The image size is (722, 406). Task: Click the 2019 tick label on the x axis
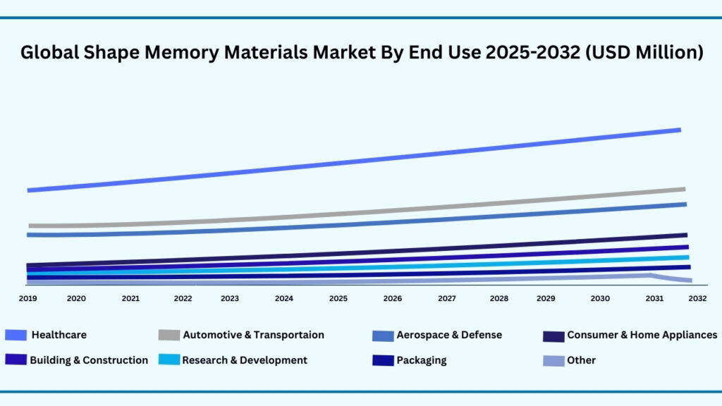point(27,299)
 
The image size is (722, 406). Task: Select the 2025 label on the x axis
point(338,299)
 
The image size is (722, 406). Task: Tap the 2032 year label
point(697,299)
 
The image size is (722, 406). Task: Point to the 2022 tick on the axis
point(183,299)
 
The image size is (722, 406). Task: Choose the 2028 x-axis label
point(498,299)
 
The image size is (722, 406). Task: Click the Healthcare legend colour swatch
point(16,336)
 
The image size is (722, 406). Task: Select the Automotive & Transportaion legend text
point(253,335)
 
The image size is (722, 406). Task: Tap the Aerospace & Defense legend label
point(448,335)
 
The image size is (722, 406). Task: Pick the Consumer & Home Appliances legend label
point(642,335)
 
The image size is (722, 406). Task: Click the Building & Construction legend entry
point(89,360)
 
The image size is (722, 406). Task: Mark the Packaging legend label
point(421,360)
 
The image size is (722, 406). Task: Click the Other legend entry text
point(581,360)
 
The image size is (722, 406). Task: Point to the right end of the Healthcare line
point(679,130)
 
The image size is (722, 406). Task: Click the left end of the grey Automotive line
point(30,226)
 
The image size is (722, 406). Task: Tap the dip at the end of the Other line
point(688,281)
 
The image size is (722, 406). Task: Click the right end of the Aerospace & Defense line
point(685,204)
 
